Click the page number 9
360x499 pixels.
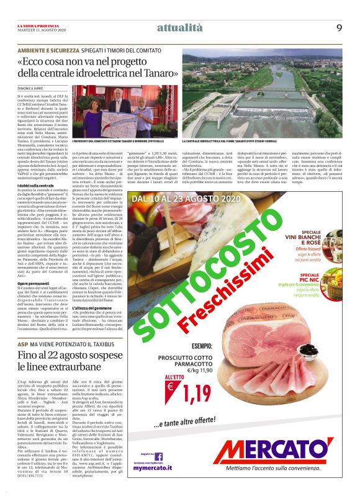(x=340, y=27)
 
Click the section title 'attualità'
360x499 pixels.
(x=180, y=27)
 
